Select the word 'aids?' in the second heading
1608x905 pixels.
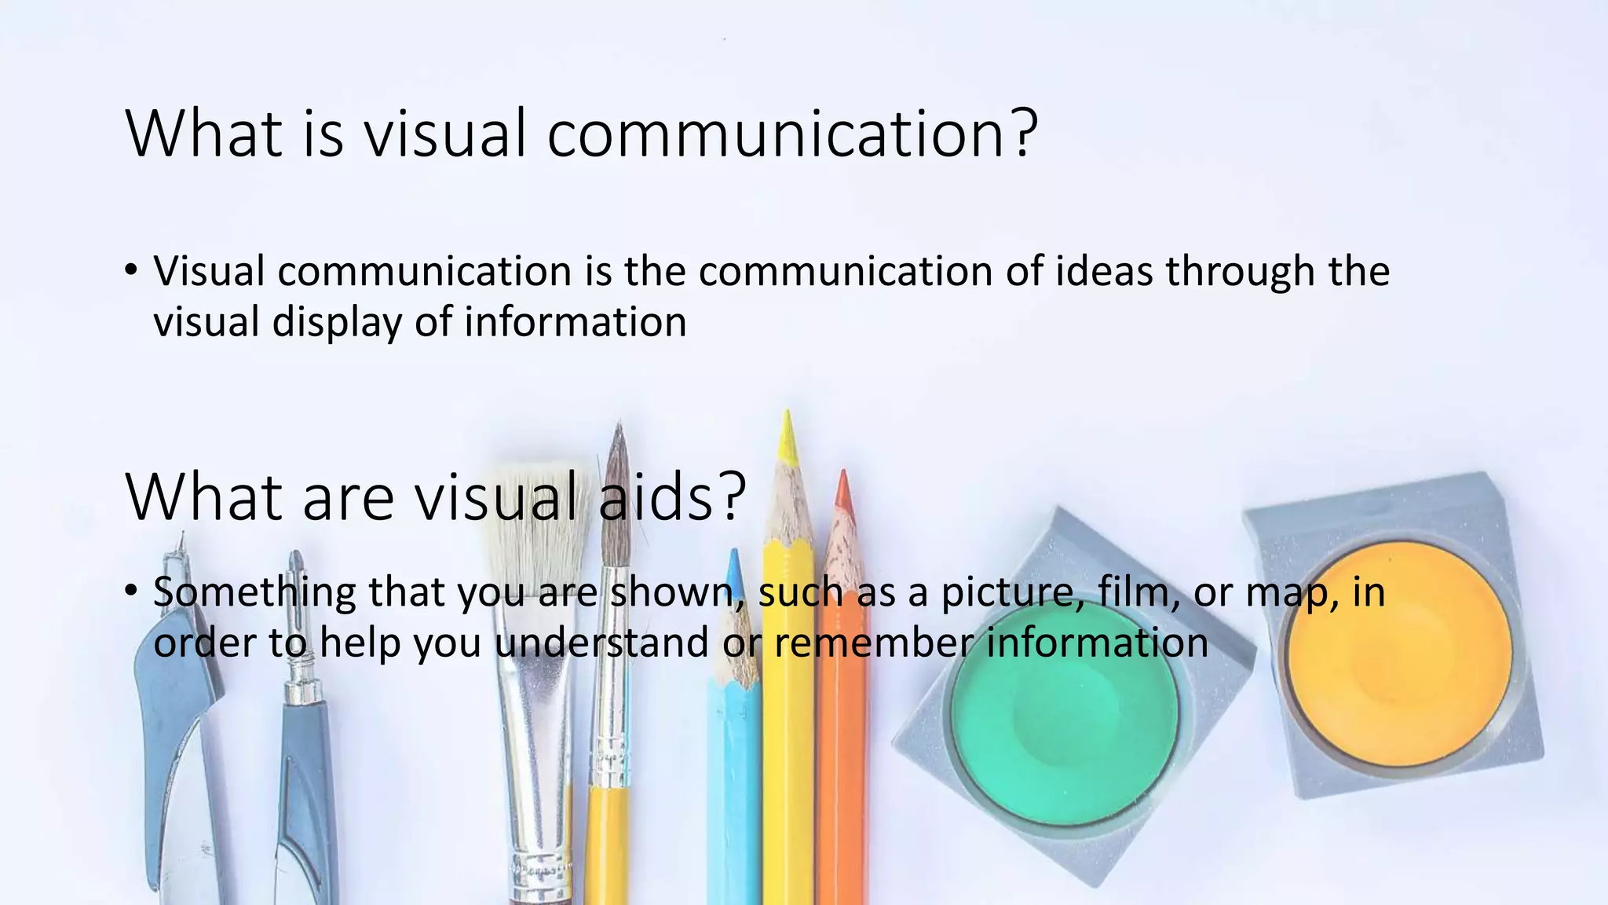coord(672,497)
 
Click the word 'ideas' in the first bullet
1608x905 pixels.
coord(1103,272)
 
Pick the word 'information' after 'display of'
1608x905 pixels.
coord(576,322)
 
